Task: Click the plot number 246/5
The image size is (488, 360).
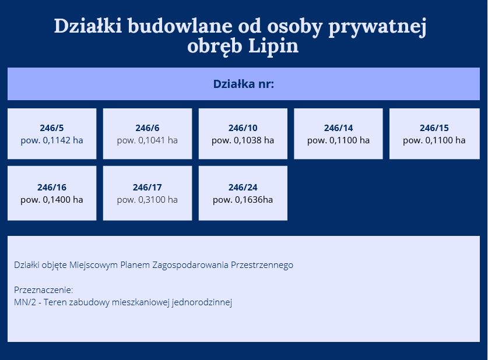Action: point(52,128)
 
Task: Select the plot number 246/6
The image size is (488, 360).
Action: point(147,128)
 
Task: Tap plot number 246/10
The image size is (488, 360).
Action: point(243,128)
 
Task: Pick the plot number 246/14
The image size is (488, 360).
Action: point(338,128)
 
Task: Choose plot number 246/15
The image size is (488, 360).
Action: point(434,128)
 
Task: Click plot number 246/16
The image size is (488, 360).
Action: point(52,187)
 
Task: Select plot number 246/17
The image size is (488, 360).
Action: point(147,187)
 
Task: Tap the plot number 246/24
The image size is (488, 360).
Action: point(243,187)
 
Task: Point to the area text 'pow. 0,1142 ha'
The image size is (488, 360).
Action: point(52,140)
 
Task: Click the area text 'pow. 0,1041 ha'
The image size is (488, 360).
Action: point(147,140)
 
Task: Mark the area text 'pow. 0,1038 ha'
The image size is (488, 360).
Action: point(243,140)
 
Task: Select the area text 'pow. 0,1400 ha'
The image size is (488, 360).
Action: point(52,200)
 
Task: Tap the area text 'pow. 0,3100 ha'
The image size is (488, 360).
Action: point(147,200)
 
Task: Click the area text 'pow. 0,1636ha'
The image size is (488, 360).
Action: point(243,200)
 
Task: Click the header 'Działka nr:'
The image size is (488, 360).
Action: point(243,84)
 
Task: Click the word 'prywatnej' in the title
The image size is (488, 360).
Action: point(377,27)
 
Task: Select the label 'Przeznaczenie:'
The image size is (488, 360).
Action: point(43,290)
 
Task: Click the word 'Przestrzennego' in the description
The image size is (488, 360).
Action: point(262,265)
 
